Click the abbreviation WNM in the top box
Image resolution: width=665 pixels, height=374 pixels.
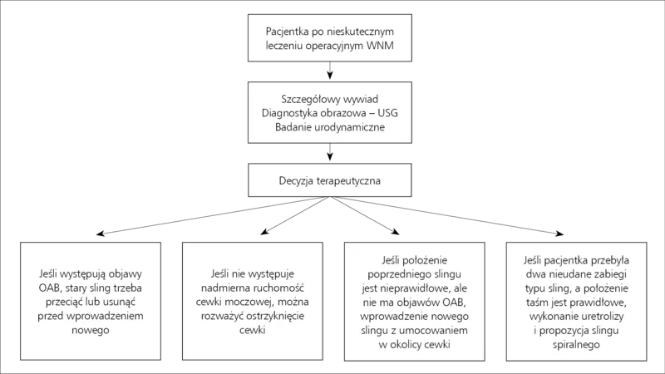pyautogui.click(x=380, y=46)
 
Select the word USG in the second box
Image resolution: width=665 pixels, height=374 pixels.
pyautogui.click(x=387, y=113)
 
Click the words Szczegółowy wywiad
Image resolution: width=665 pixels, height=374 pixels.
pyautogui.click(x=329, y=99)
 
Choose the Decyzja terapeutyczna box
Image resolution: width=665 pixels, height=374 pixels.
pyautogui.click(x=329, y=180)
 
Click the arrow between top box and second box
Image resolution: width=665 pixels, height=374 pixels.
pyautogui.click(x=329, y=71)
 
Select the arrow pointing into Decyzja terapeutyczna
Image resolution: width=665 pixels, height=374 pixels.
pyautogui.click(x=329, y=152)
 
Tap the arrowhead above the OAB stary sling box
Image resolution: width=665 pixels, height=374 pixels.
pyautogui.click(x=100, y=234)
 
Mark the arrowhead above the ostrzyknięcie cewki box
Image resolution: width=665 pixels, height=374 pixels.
pyautogui.click(x=264, y=231)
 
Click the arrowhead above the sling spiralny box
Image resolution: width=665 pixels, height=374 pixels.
pyautogui.click(x=559, y=234)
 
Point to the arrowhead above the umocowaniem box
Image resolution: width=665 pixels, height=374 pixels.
pyautogui.click(x=396, y=231)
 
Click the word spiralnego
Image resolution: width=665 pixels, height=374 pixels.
pyautogui.click(x=576, y=344)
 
